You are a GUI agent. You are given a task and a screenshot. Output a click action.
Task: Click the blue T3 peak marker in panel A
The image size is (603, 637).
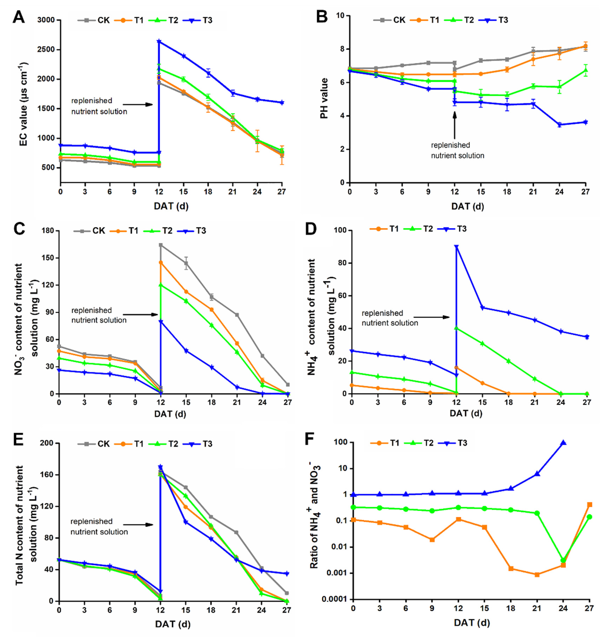click(x=159, y=42)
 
